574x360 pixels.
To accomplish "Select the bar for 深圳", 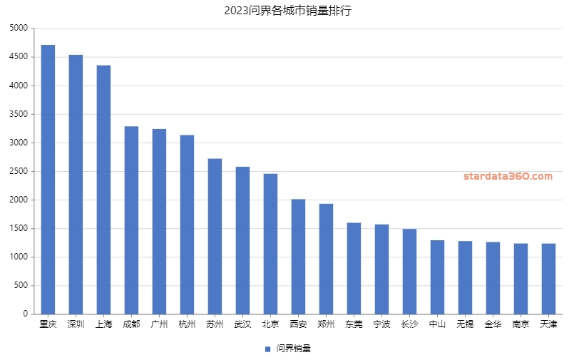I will pyautogui.click(x=76, y=185).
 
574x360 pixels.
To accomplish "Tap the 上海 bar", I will pyautogui.click(x=103, y=190).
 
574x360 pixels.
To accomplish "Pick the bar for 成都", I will pyautogui.click(x=131, y=220).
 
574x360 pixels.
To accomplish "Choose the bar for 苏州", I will pyautogui.click(x=215, y=236).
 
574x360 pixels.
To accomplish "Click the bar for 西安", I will pyautogui.click(x=298, y=257).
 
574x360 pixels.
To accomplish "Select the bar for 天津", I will pyautogui.click(x=548, y=279).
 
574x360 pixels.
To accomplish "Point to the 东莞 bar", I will pyautogui.click(x=354, y=268).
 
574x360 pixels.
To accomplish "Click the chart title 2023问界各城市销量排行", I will pyautogui.click(x=287, y=11).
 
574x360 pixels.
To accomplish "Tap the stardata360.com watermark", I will pyautogui.click(x=508, y=176).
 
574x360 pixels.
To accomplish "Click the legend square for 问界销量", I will pyautogui.click(x=267, y=349).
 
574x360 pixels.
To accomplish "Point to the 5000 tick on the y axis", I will pyautogui.click(x=19, y=29).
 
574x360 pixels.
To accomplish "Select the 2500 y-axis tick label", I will pyautogui.click(x=19, y=171).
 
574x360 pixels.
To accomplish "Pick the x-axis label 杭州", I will pyautogui.click(x=187, y=325).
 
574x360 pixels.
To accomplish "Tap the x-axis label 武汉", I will pyautogui.click(x=242, y=325).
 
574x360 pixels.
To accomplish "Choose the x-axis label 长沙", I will pyautogui.click(x=409, y=325).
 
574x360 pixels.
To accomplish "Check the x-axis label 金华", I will pyautogui.click(x=493, y=325).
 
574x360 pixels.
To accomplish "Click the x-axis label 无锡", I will pyautogui.click(x=465, y=325).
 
